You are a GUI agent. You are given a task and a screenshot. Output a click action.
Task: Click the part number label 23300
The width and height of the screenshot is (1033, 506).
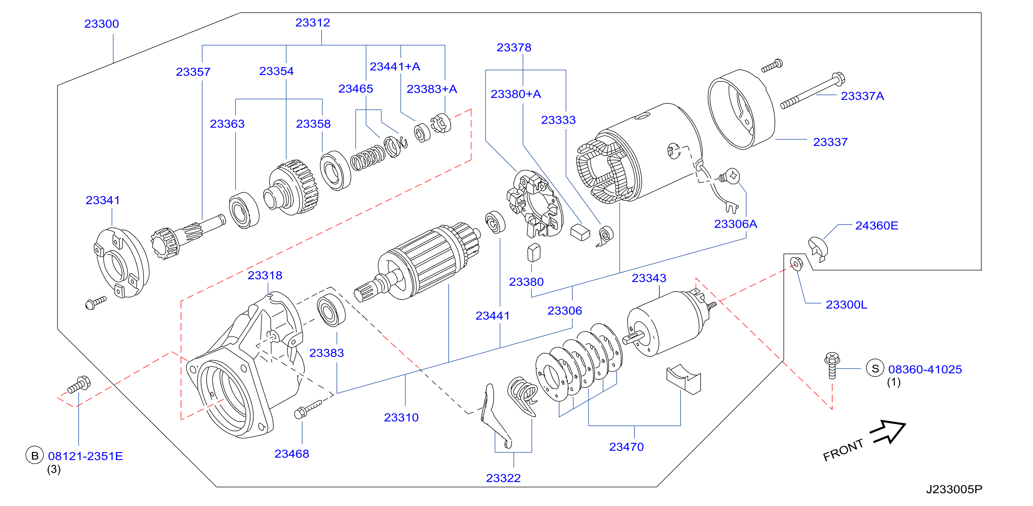pos(102,24)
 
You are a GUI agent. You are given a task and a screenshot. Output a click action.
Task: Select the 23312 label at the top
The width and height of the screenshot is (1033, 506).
pos(313,23)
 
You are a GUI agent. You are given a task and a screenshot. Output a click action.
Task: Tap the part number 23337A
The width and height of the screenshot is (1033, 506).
pos(862,96)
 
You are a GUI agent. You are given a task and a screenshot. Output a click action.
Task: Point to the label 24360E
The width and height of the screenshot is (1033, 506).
pos(877,225)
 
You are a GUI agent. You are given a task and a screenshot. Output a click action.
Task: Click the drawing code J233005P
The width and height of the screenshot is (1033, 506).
pos(954,489)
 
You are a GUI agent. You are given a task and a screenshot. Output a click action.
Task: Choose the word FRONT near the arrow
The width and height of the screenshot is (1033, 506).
pos(843,450)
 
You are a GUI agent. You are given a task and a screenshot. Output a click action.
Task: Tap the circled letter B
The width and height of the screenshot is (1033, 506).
pos(35,456)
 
